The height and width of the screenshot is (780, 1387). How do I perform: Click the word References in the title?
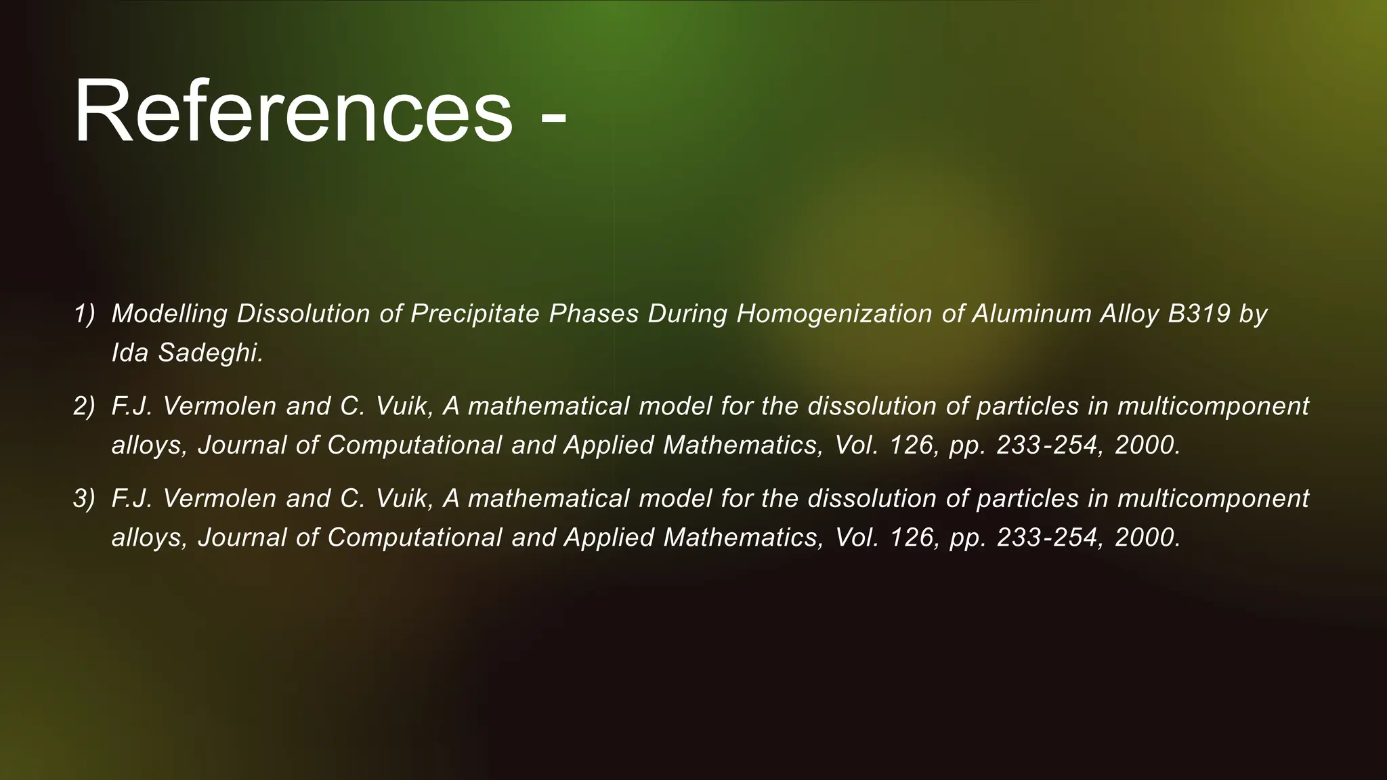(x=293, y=112)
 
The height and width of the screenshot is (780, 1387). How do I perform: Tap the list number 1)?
(x=84, y=314)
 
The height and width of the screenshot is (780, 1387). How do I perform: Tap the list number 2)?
(x=84, y=406)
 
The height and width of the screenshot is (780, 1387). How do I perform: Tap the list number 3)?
(x=84, y=499)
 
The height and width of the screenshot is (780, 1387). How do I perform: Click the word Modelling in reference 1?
(x=169, y=314)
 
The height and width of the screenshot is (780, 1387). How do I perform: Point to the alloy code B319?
(x=1199, y=314)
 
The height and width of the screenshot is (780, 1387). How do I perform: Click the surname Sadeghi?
(x=210, y=353)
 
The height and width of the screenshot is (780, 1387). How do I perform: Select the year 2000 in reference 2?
(x=1147, y=445)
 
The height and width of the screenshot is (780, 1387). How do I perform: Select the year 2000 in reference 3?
(x=1147, y=538)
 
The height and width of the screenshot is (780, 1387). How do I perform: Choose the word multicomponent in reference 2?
(x=1212, y=406)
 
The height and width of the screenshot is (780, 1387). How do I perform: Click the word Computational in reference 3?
(x=414, y=538)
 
